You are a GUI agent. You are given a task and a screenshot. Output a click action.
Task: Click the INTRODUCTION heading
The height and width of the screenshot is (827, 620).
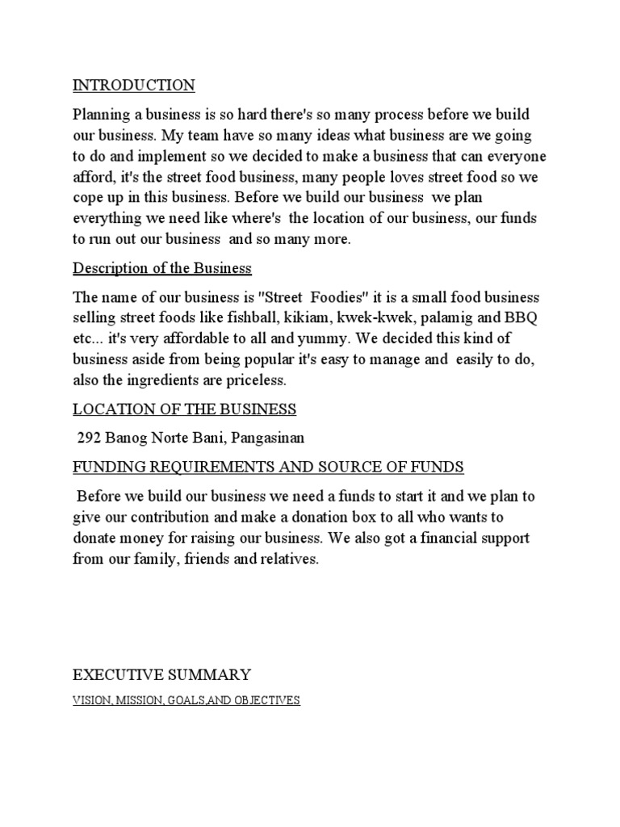(x=134, y=85)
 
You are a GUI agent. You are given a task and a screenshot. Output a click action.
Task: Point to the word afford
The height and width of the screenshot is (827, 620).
(x=92, y=177)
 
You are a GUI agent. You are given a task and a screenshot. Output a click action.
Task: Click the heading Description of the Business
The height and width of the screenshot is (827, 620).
(x=162, y=267)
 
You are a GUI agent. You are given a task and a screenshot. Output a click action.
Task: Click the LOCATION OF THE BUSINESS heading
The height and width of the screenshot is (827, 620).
(x=185, y=409)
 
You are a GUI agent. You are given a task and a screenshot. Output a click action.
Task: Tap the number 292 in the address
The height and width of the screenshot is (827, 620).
(x=89, y=439)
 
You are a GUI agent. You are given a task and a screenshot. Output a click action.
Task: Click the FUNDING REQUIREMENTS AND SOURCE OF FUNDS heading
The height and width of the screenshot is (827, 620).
(x=268, y=467)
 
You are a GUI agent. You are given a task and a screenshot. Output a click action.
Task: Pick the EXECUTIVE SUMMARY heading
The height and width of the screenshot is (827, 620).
(x=162, y=674)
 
